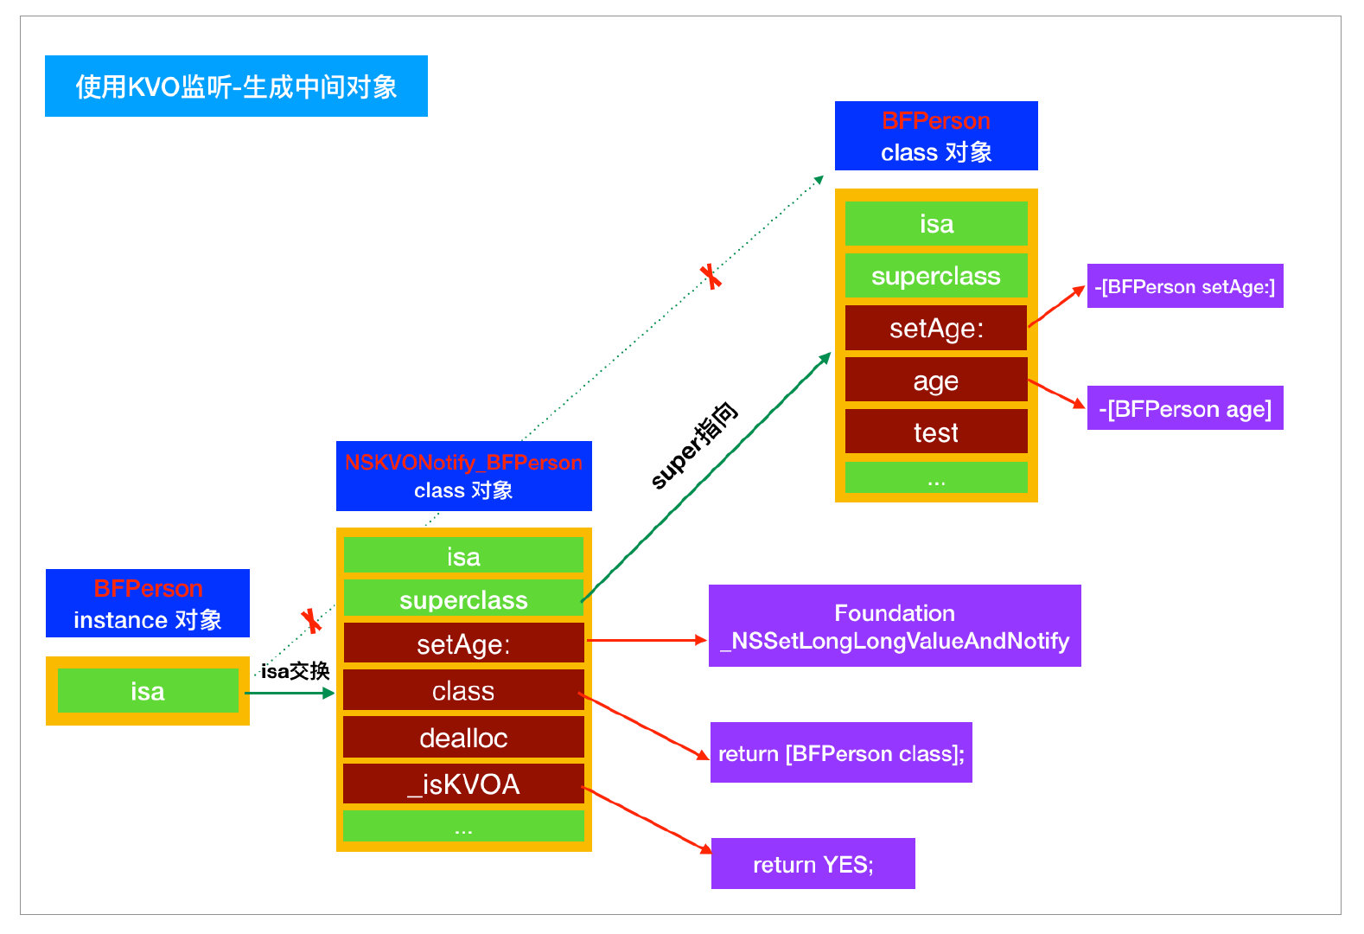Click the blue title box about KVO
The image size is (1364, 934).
[x=236, y=86]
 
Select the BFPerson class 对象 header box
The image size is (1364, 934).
[x=936, y=136]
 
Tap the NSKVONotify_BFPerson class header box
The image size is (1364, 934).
[x=463, y=476]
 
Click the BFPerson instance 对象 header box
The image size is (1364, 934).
[x=147, y=603]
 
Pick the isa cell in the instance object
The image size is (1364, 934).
[x=147, y=691]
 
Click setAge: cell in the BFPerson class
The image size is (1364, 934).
[x=936, y=329]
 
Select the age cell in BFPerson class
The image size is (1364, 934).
[x=936, y=381]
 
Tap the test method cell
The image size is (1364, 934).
[x=936, y=432]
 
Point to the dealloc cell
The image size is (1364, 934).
[x=463, y=737]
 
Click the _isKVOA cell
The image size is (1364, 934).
[x=463, y=784]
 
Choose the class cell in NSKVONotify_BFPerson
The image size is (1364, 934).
[x=463, y=690]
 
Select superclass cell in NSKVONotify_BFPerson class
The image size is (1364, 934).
[x=463, y=599]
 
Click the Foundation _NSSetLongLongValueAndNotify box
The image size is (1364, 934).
[x=895, y=626]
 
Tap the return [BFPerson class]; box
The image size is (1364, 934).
[x=841, y=752]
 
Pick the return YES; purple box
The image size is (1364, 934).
[x=813, y=863]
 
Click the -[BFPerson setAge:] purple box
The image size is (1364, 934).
[x=1185, y=285]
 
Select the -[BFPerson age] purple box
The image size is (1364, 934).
[x=1185, y=407]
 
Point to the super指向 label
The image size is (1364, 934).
[x=693, y=445]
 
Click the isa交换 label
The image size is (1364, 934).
[x=296, y=671]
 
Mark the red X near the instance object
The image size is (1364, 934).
[x=311, y=621]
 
